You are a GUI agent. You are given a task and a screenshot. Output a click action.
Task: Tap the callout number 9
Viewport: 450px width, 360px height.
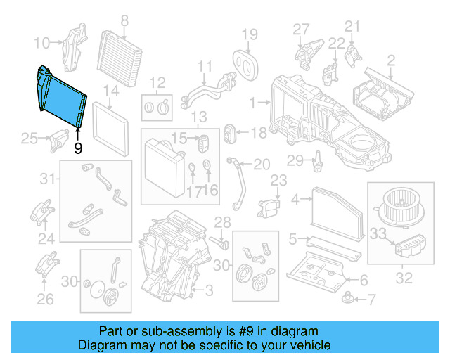pyautogui.click(x=77, y=148)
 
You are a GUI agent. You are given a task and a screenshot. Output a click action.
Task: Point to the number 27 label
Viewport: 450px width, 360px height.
pyautogui.click(x=301, y=28)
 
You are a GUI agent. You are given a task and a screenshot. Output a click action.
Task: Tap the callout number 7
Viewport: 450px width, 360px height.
pyautogui.click(x=373, y=301)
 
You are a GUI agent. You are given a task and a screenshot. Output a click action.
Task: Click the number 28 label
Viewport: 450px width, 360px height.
pyautogui.click(x=222, y=224)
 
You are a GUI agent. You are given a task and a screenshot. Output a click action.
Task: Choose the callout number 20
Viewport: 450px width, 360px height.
pyautogui.click(x=261, y=165)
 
